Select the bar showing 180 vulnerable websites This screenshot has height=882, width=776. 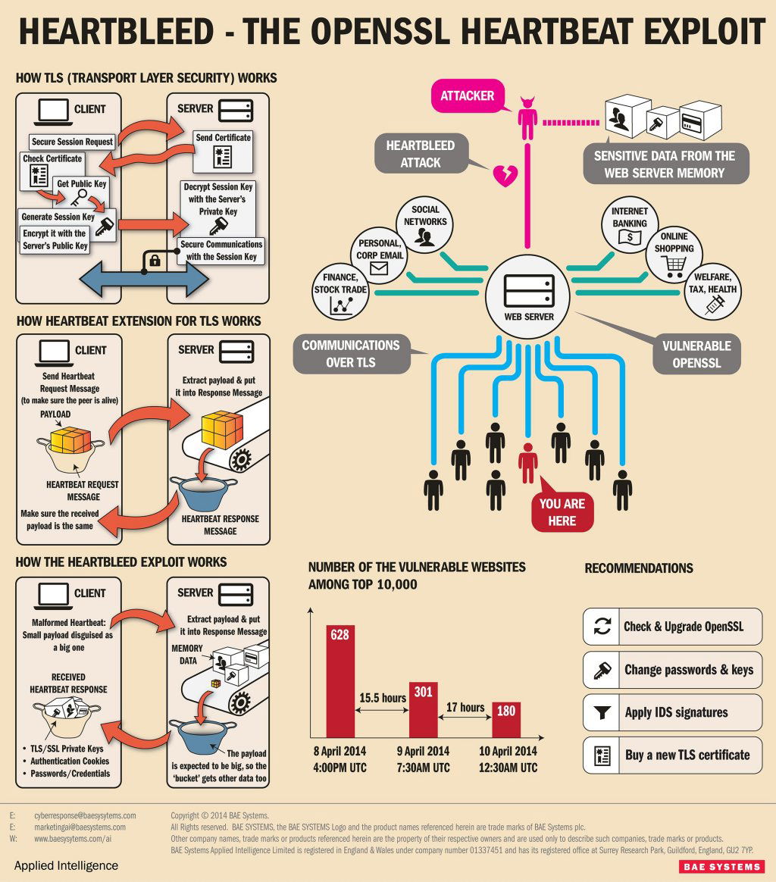(506, 719)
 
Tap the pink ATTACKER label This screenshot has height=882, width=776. (467, 96)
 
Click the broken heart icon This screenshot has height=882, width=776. (504, 174)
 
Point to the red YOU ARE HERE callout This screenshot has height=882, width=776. (562, 512)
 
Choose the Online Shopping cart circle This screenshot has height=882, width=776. (674, 255)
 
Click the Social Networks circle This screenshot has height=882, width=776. (425, 224)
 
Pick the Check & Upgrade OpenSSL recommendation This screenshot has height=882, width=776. (672, 627)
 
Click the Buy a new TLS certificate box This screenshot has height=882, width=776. (672, 755)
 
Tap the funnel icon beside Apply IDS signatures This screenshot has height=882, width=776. (602, 712)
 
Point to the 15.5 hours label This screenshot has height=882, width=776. (383, 697)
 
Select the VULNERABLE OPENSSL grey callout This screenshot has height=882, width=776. (696, 354)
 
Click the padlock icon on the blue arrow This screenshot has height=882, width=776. (155, 261)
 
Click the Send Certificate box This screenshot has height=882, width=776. (223, 149)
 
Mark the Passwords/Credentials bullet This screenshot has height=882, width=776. (70, 774)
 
